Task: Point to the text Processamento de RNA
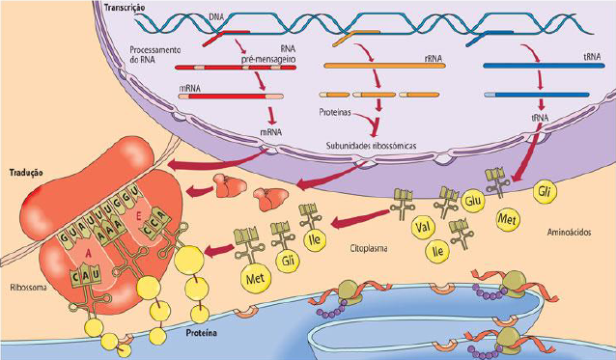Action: click(x=156, y=54)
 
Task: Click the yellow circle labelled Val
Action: click(x=421, y=229)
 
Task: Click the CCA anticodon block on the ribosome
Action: click(x=150, y=231)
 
